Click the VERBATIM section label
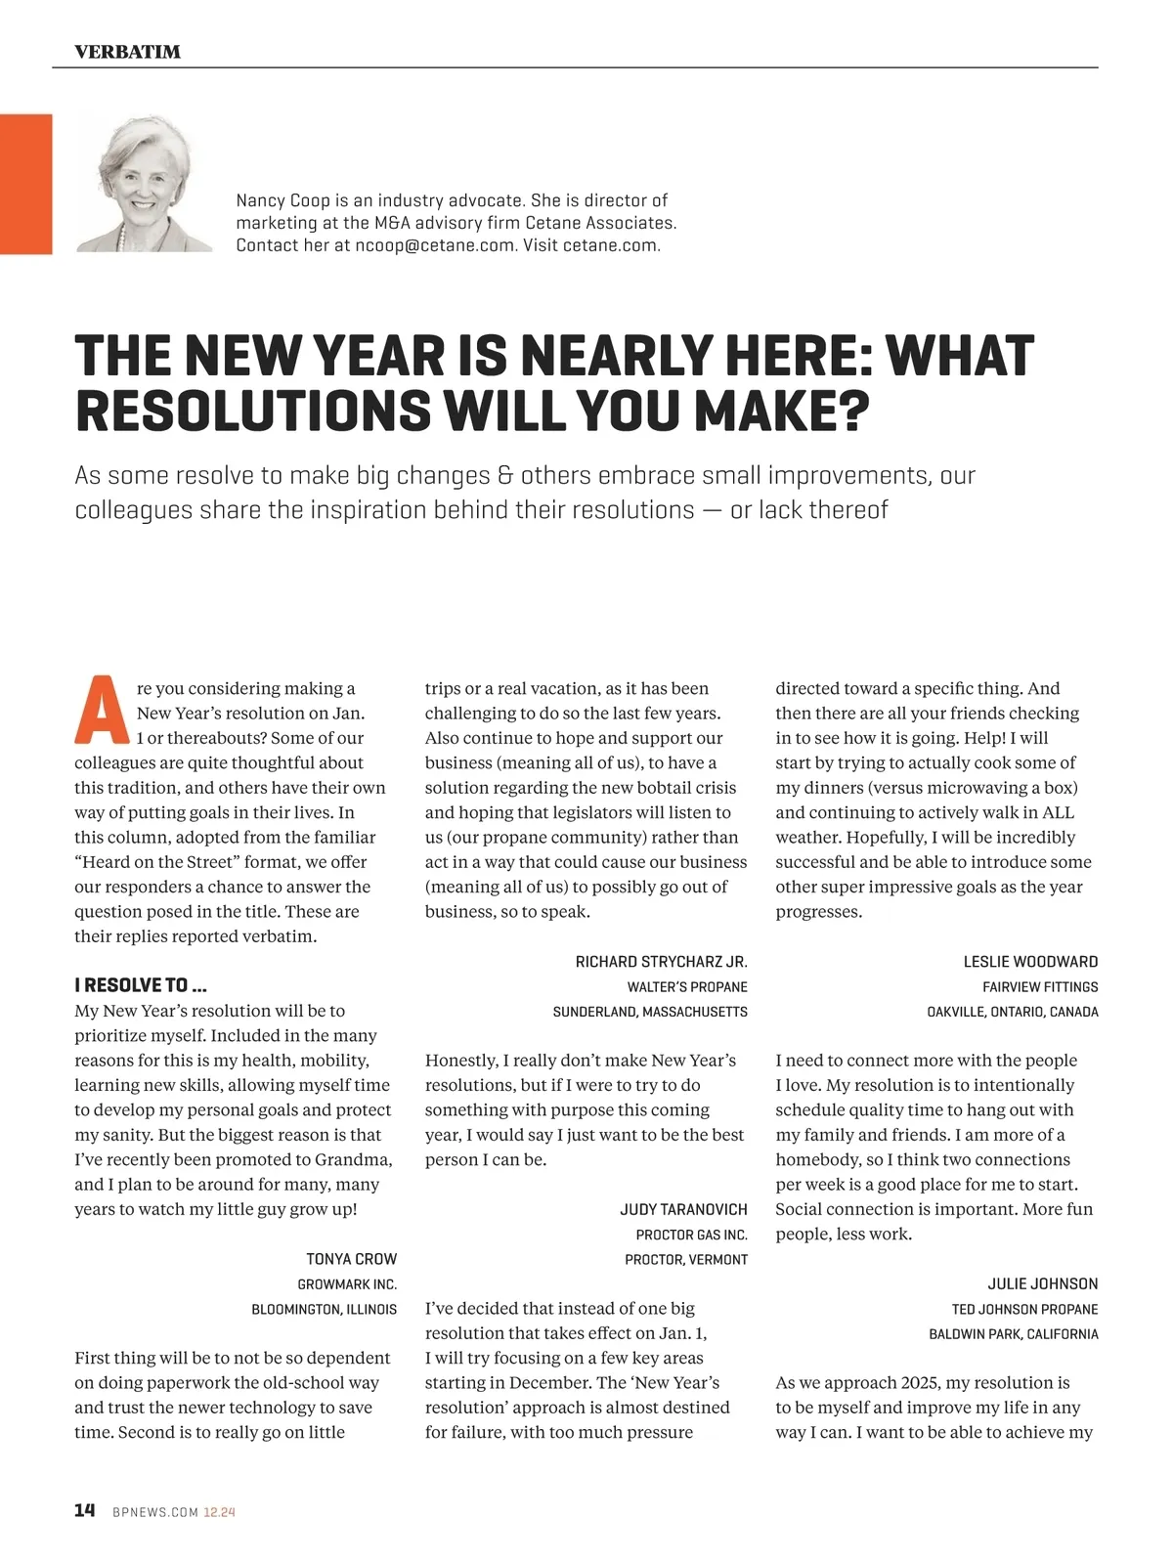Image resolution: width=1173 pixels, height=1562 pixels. tap(127, 52)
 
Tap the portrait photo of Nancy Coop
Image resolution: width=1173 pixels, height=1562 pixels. tap(145, 184)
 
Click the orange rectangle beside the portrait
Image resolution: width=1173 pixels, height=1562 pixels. tap(25, 184)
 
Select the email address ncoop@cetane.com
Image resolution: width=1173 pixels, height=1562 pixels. tap(434, 245)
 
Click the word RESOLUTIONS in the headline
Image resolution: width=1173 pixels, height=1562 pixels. tap(252, 411)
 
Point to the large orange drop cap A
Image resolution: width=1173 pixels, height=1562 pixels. tap(102, 710)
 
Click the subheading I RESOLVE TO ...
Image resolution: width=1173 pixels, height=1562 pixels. tap(141, 985)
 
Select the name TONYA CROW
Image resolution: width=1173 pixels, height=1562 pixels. tap(351, 1259)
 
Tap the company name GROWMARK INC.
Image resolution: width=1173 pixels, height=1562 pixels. tap(347, 1284)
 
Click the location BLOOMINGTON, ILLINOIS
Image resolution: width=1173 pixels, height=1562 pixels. tap(325, 1309)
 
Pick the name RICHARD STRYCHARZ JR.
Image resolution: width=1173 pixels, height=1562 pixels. tap(661, 962)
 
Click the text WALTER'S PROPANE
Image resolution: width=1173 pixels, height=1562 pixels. tap(687, 987)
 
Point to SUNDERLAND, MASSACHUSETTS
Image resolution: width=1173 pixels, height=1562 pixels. tap(650, 1012)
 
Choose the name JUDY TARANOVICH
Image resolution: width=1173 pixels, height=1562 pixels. tap(683, 1210)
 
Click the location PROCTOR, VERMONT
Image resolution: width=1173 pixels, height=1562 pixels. tap(686, 1260)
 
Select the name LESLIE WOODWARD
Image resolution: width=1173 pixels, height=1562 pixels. tap(1030, 962)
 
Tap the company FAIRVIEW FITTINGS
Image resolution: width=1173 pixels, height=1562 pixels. tap(1040, 987)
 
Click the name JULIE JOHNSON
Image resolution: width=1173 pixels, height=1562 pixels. tap(1042, 1284)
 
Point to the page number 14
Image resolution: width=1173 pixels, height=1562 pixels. tap(85, 1510)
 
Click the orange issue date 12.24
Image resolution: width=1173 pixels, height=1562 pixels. tap(219, 1512)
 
